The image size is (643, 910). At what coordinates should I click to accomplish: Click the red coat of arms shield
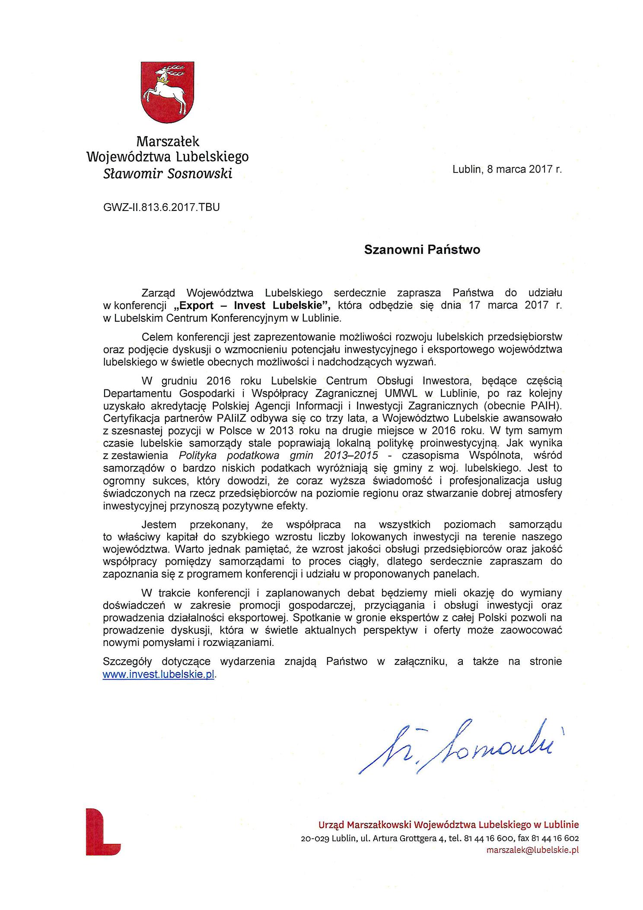(167, 91)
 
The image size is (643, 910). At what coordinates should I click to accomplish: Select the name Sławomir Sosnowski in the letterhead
(168, 174)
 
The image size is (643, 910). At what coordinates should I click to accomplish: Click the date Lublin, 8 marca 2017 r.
(507, 169)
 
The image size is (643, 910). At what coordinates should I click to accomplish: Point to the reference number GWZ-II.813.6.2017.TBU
(161, 207)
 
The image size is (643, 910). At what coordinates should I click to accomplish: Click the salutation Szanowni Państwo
(422, 250)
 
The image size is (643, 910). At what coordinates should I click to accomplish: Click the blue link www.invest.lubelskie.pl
(158, 675)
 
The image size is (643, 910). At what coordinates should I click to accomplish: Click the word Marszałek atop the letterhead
(168, 141)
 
